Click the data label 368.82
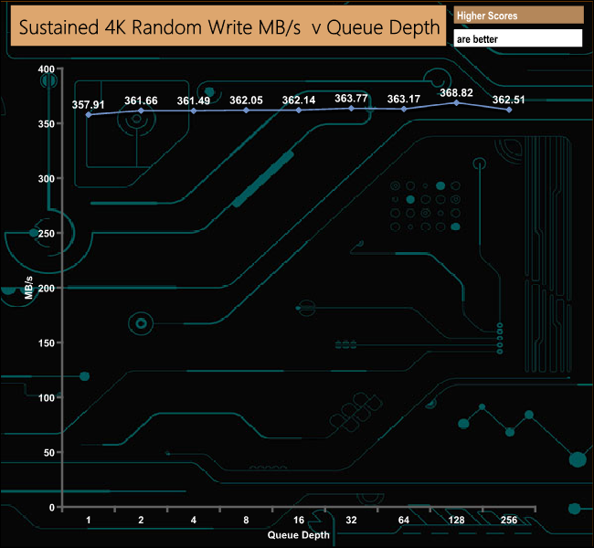[x=456, y=93]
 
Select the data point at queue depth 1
[x=89, y=114]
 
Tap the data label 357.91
[x=89, y=104]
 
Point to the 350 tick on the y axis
[x=47, y=124]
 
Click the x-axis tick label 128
[x=456, y=520]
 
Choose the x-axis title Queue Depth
[x=299, y=535]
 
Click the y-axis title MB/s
[x=29, y=288]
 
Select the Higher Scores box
[x=518, y=16]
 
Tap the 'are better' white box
[x=518, y=38]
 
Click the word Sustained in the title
[x=58, y=27]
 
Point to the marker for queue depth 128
[x=457, y=102]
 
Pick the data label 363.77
[x=351, y=99]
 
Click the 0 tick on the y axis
[x=52, y=508]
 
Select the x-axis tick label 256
[x=509, y=520]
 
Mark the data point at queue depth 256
[x=509, y=110]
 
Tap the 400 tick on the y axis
[x=47, y=69]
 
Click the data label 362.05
[x=246, y=100]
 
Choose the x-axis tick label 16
[x=299, y=520]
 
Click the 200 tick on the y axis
[x=47, y=289]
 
